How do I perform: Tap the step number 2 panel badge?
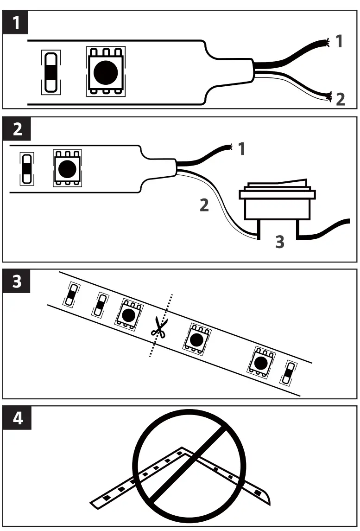tap(17, 129)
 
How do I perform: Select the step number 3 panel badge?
tap(17, 281)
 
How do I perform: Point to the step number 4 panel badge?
tap(17, 418)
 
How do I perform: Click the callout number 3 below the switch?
tap(279, 242)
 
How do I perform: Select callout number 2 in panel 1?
tap(340, 99)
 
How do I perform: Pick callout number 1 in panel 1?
tap(340, 42)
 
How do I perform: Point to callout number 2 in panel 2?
tap(204, 205)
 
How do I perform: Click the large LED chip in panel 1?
tap(106, 71)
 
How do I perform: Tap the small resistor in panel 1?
tap(51, 72)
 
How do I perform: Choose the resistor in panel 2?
tap(27, 169)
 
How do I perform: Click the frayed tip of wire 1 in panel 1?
tap(327, 43)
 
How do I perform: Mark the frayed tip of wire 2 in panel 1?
tap(330, 97)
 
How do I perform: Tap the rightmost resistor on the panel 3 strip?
tap(290, 373)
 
